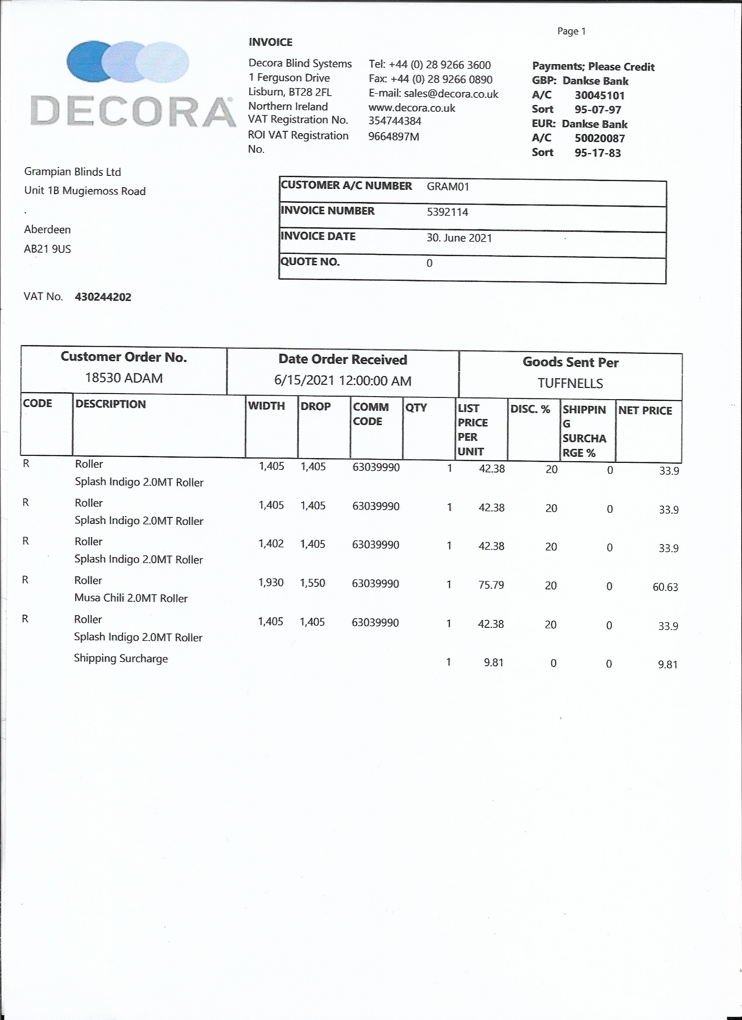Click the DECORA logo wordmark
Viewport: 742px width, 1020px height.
(x=134, y=111)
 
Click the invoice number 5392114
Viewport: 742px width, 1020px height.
(x=447, y=212)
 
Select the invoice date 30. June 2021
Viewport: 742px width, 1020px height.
(x=459, y=237)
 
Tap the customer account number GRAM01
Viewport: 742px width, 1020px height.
(x=448, y=187)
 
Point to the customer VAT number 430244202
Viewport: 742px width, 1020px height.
(x=103, y=297)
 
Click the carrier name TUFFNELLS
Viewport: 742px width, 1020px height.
(x=570, y=383)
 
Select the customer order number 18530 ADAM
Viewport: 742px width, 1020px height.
(x=124, y=378)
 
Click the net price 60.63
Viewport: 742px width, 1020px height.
(x=665, y=587)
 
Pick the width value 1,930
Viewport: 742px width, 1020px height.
(x=271, y=583)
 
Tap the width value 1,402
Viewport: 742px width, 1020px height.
(x=271, y=544)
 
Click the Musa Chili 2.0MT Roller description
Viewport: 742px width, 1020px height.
(x=131, y=598)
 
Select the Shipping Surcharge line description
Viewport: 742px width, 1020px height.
(x=120, y=658)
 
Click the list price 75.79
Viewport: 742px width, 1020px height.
(x=491, y=585)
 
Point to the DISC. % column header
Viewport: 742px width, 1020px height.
(x=530, y=409)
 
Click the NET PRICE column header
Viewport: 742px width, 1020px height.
(x=645, y=411)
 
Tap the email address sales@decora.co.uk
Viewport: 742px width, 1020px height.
(x=451, y=93)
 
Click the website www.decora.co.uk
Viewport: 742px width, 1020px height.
(x=412, y=108)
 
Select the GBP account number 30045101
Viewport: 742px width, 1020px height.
(x=599, y=96)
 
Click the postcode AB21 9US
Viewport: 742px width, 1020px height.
(x=47, y=249)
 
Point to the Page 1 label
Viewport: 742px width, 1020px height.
(x=571, y=31)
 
